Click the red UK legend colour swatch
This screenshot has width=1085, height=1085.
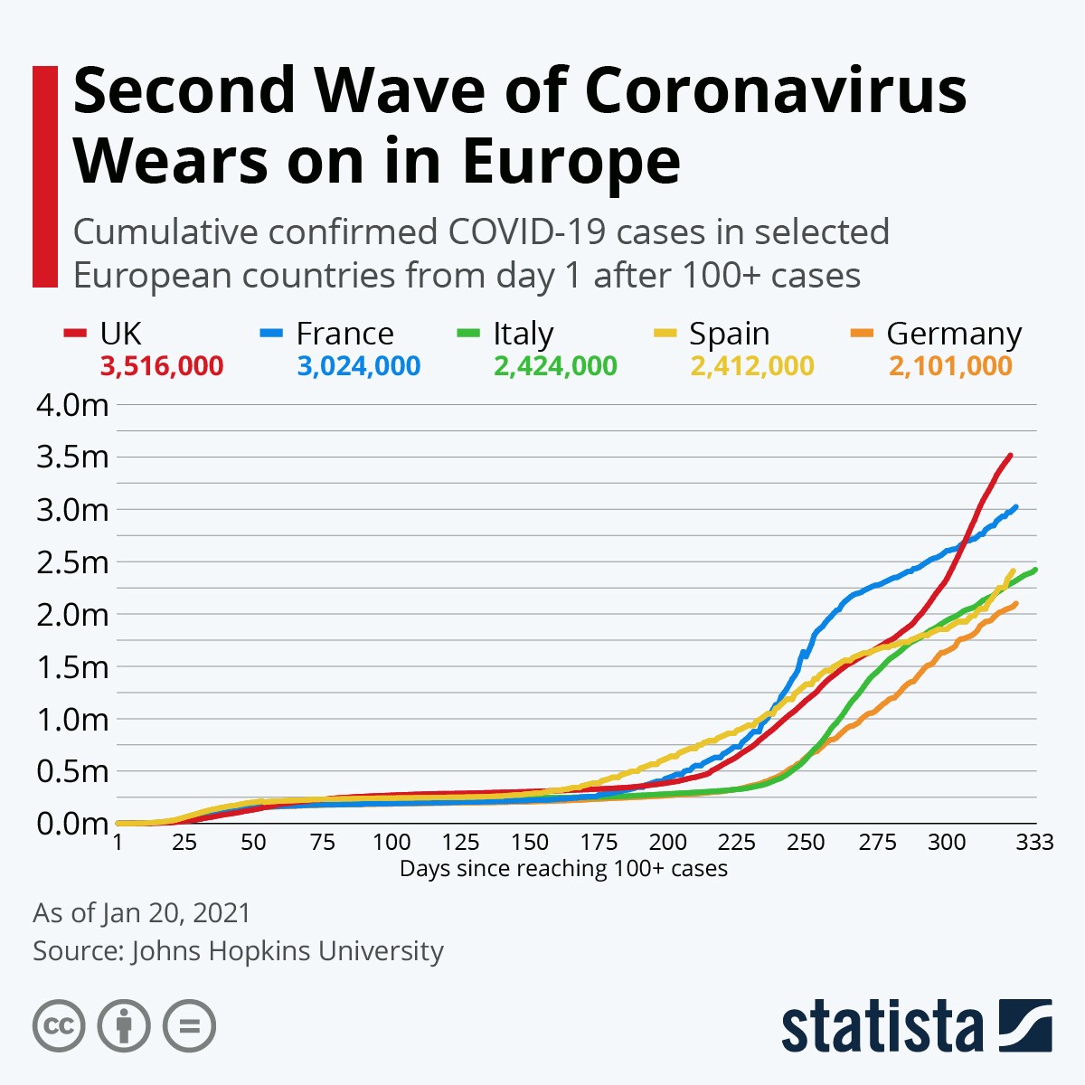74,334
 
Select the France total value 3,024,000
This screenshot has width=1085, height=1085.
358,366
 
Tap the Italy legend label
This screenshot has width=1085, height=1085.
523,334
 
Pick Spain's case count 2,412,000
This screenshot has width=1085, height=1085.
751,366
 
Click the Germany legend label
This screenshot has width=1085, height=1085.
953,334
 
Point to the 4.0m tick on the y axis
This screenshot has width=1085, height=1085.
72,405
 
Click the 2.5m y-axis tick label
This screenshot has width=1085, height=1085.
72,562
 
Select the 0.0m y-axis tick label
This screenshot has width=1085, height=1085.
72,824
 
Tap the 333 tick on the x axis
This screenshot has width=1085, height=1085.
1034,843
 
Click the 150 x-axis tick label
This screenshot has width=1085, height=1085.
529,843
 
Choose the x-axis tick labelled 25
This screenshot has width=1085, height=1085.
184,843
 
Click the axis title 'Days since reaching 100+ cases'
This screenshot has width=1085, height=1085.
563,869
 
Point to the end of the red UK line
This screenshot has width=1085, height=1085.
1010,455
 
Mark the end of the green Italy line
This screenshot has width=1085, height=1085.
1034,570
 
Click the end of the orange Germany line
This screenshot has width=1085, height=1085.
1016,604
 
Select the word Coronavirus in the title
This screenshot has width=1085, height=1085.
776,90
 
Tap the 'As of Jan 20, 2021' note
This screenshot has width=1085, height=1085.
142,912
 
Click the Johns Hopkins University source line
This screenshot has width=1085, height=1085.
238,951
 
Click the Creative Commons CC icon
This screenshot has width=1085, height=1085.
59,1026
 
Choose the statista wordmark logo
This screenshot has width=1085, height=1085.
882,1026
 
